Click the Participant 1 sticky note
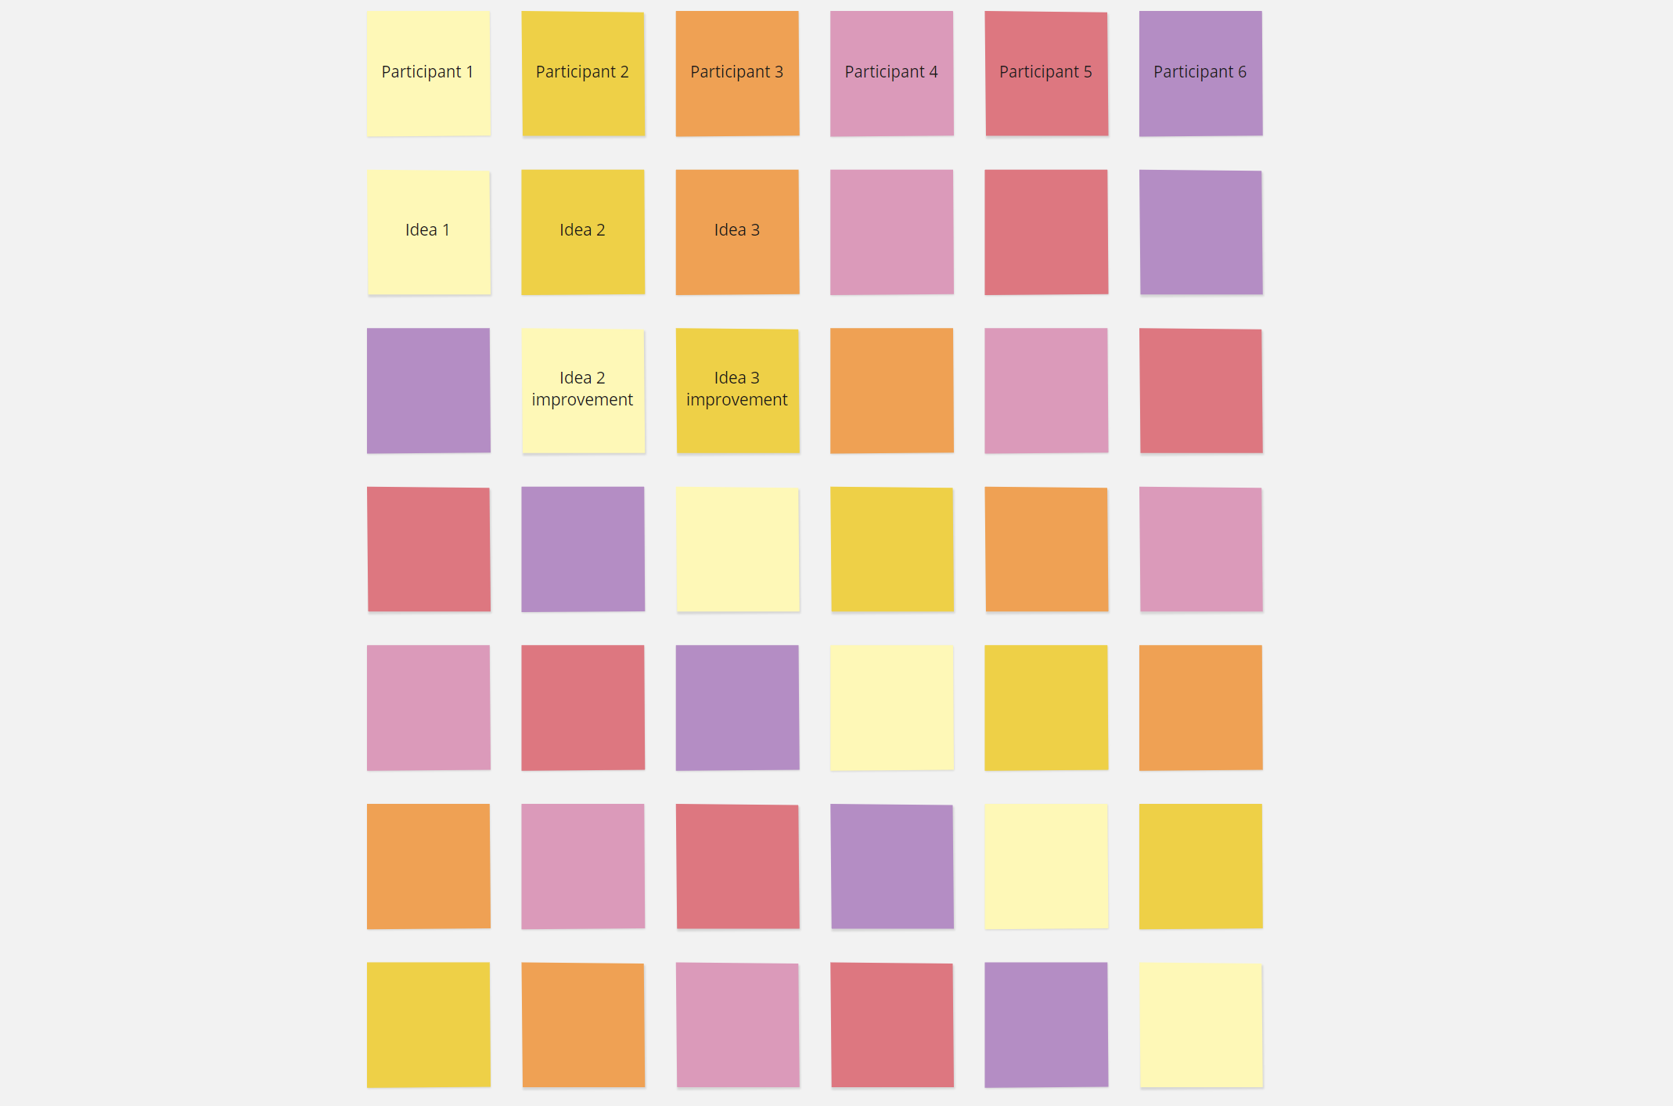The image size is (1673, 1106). point(428,73)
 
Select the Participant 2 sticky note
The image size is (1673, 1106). point(583,73)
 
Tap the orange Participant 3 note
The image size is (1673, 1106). point(737,73)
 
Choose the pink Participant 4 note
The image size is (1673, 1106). point(891,73)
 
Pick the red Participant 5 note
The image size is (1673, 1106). point(1046,73)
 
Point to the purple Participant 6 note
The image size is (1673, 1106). point(1200,73)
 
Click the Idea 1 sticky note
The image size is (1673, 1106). point(428,232)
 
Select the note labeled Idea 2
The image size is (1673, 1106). point(583,232)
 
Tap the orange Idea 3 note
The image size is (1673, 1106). point(737,232)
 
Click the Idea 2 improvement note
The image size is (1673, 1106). point(583,390)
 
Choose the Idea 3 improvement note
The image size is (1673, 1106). point(737,390)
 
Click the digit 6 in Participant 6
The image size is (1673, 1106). point(1242,72)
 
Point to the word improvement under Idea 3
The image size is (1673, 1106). point(737,400)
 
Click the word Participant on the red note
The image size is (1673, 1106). point(1039,72)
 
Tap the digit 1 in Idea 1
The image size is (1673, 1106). point(446,230)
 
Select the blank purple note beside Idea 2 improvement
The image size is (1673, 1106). point(428,390)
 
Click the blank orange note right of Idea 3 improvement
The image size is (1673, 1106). point(891,390)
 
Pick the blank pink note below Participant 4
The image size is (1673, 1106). point(891,232)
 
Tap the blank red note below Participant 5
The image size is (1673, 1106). point(1046,232)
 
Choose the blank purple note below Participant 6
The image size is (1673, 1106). point(1200,232)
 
